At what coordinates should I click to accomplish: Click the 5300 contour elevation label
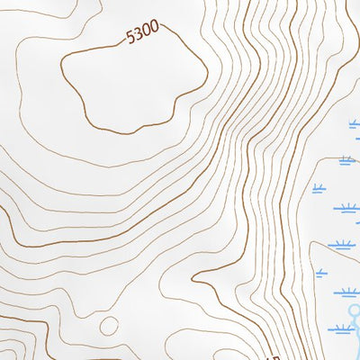(x=142, y=33)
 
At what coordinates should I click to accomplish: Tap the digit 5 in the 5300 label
(x=130, y=38)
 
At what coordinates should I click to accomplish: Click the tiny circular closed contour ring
(x=109, y=325)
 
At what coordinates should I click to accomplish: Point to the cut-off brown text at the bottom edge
(x=274, y=352)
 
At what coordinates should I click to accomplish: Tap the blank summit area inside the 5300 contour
(x=135, y=85)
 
